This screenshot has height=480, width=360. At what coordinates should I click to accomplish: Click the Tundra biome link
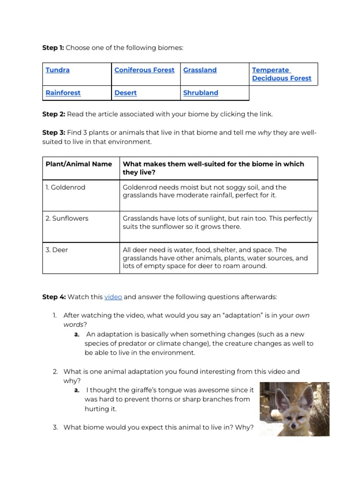point(58,70)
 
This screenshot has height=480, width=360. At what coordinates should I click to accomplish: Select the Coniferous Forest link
point(144,70)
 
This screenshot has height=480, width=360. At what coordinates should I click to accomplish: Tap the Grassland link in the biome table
point(200,70)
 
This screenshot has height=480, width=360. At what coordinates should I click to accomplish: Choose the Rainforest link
point(63,93)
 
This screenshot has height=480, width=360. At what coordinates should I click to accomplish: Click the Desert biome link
point(126,93)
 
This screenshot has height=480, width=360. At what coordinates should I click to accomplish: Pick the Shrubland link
point(201,93)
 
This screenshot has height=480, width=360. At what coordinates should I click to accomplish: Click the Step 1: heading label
point(53,48)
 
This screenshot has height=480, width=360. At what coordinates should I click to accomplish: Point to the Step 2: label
point(53,114)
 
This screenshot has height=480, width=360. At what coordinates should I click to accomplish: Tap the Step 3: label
point(53,133)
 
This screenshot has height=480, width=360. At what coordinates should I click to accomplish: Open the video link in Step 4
point(113,297)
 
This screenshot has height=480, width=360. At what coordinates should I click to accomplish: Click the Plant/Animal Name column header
point(79,164)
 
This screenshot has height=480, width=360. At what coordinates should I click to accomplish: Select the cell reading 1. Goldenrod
point(66,187)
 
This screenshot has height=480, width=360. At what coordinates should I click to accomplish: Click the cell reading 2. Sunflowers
point(67,218)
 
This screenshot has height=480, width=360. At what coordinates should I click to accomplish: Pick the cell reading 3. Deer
point(57,250)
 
